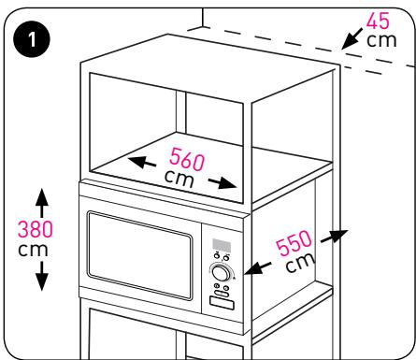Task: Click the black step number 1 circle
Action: coord(32,40)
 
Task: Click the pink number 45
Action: coord(378,21)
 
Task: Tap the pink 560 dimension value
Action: coord(187,159)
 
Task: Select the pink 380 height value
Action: coord(36,229)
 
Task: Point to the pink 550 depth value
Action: coord(294,243)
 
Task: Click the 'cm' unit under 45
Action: coord(381,40)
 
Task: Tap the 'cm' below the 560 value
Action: coord(179,179)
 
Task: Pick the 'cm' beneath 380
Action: coord(33,250)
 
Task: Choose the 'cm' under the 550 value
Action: coord(300,263)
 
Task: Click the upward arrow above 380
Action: coord(42,203)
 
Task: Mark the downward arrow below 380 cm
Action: coord(42,276)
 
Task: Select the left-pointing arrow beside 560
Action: coord(142,162)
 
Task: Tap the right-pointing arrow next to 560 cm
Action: coord(222,183)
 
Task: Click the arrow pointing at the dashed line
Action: coord(351,38)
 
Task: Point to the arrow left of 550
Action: coord(258,267)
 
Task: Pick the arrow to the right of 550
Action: coord(335,236)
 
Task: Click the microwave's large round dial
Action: coord(221,272)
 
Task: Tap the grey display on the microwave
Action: coord(222,245)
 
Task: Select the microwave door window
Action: coord(139,255)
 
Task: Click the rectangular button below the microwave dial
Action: coord(222,303)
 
